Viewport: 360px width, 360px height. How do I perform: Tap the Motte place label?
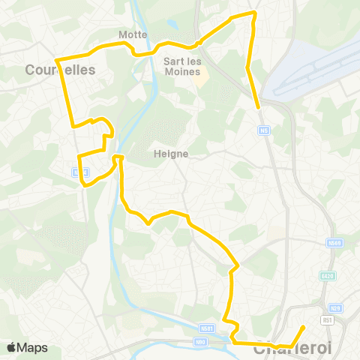132,34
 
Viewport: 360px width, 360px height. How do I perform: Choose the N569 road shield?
334,243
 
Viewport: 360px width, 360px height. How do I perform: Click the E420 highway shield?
326,276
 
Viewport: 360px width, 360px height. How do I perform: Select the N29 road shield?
335,309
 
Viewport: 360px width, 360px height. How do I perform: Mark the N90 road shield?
200,341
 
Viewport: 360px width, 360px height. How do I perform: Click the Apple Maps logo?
27,347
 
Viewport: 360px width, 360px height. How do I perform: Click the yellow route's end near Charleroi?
302,327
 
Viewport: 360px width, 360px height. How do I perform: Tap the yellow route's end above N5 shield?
259,108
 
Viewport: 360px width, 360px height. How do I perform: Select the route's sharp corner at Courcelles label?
58,59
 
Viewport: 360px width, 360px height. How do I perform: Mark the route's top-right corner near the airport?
256,13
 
